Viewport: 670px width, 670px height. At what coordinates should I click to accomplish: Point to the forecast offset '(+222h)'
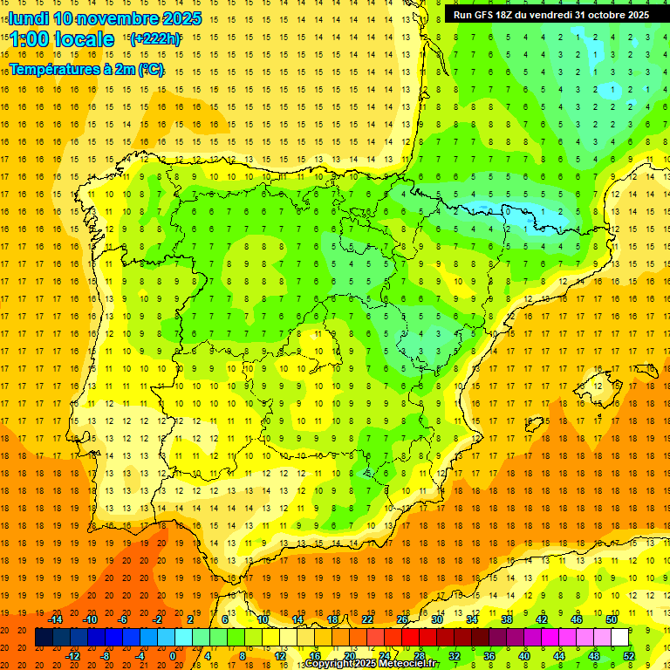pyautogui.click(x=154, y=39)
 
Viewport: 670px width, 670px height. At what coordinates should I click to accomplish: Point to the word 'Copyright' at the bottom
pyautogui.click(x=330, y=664)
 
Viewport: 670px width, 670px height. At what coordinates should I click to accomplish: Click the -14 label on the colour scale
pyautogui.click(x=56, y=619)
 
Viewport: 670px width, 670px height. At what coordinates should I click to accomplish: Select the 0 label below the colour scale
pyautogui.click(x=173, y=655)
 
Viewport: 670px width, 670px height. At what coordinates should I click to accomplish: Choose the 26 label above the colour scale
pyautogui.click(x=402, y=619)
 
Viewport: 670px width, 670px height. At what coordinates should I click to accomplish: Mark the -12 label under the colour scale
pyautogui.click(x=73, y=655)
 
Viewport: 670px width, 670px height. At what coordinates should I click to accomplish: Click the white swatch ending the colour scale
pyautogui.click(x=619, y=638)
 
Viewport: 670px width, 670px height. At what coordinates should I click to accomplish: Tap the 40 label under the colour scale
pyautogui.click(x=524, y=655)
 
